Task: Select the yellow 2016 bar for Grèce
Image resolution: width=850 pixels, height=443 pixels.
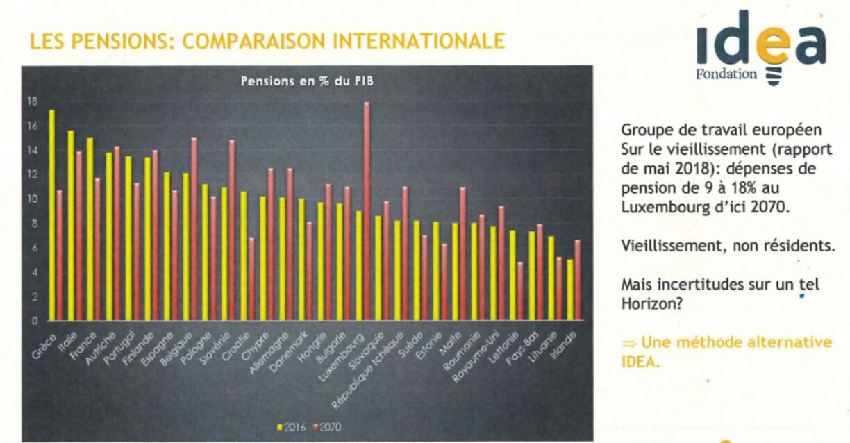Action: click(52, 215)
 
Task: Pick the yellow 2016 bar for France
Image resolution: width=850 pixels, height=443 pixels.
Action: click(90, 229)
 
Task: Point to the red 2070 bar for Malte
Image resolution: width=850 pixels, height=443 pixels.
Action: click(462, 254)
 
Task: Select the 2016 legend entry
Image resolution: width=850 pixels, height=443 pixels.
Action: click(294, 426)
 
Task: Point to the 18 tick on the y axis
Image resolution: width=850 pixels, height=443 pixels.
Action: click(32, 101)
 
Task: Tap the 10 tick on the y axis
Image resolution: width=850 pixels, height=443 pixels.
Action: click(32, 199)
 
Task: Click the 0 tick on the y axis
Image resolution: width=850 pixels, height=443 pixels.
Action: click(33, 321)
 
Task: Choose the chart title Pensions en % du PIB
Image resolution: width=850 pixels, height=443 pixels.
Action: click(308, 81)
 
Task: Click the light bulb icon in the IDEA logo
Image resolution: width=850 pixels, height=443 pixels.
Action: click(772, 74)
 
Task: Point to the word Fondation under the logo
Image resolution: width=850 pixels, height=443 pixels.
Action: click(726, 74)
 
